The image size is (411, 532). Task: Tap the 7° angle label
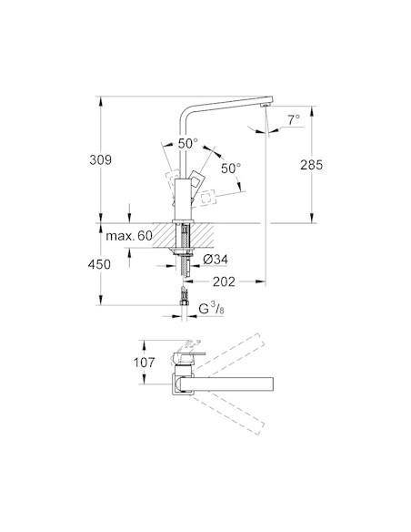click(293, 120)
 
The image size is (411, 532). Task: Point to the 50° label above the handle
click(187, 143)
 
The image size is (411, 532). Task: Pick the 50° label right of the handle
click(231, 169)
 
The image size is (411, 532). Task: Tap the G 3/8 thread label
click(213, 310)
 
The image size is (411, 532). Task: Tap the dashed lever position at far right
click(208, 195)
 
